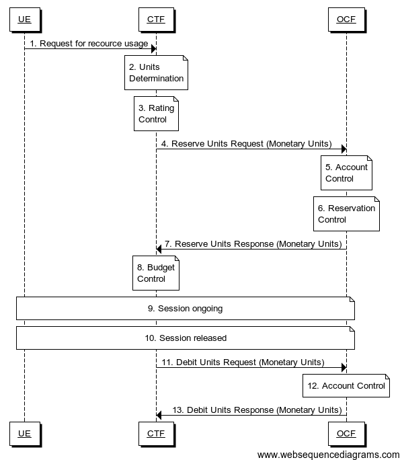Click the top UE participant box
tap(24, 20)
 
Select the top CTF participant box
tap(156, 20)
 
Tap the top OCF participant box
tap(346, 20)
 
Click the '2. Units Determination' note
tap(156, 73)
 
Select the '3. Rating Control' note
tap(156, 114)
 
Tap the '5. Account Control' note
tap(346, 173)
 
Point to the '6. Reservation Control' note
tap(346, 214)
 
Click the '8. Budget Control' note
tap(156, 273)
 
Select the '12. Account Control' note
tap(346, 385)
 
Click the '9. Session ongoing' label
tap(185, 309)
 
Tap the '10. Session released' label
tap(185, 338)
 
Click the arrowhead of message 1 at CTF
tap(153, 48)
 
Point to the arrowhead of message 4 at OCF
tap(343, 149)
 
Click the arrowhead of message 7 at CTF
tap(159, 249)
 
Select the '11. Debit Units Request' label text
tap(242, 362)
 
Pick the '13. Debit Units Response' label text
tap(257, 410)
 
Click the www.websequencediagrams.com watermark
tap(328, 455)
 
